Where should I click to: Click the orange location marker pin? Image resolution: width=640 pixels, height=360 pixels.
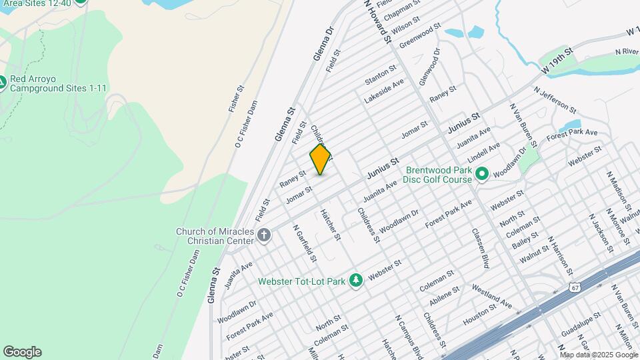pyautogui.click(x=321, y=159)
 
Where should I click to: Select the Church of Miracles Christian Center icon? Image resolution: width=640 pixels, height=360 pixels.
pyautogui.click(x=264, y=235)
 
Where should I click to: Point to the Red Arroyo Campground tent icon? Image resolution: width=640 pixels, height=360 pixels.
pyautogui.click(x=3, y=83)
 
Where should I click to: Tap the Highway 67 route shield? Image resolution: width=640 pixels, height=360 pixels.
pyautogui.click(x=575, y=287)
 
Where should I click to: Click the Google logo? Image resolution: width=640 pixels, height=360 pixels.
pyautogui.click(x=22, y=351)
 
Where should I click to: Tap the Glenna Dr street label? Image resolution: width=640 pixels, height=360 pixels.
pyautogui.click(x=321, y=43)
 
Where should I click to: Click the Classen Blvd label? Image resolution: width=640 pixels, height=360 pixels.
pyautogui.click(x=481, y=248)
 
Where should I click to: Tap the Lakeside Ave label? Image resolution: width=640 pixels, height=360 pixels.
pyautogui.click(x=384, y=91)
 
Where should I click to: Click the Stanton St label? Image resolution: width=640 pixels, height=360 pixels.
pyautogui.click(x=381, y=74)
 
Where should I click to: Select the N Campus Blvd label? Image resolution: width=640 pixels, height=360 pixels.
pyautogui.click(x=409, y=337)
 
